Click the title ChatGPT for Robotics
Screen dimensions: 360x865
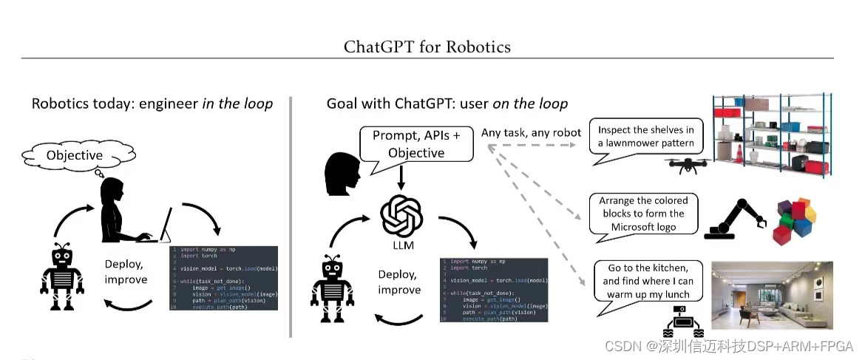coord(427,47)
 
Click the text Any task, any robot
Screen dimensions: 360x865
coord(531,133)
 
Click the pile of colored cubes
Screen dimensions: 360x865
coord(795,220)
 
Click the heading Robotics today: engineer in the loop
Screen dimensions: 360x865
coord(152,103)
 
